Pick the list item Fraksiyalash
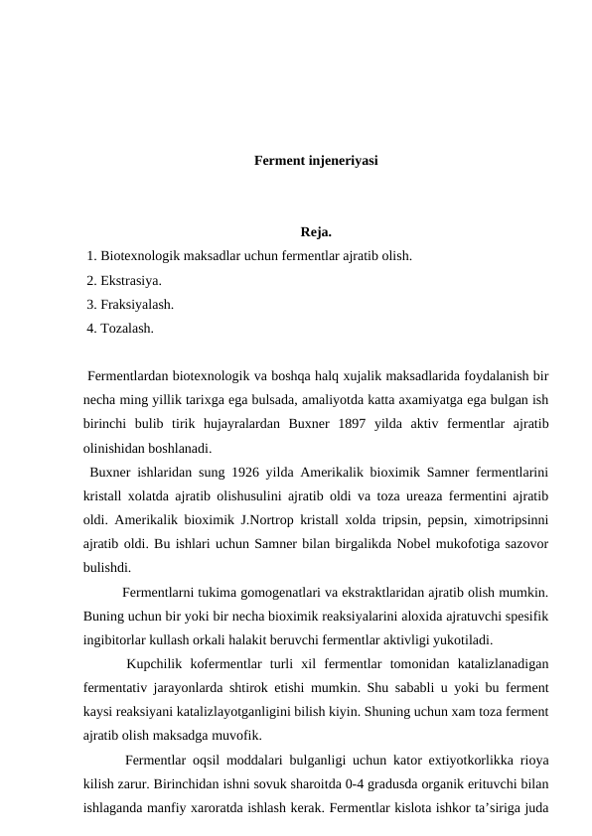click(137, 305)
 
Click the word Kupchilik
click(161, 664)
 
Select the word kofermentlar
click(247, 664)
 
